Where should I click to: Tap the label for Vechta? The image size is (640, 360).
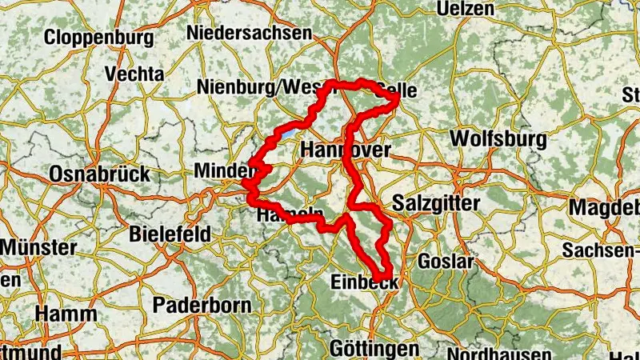point(134,74)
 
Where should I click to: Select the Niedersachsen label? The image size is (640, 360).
point(249,33)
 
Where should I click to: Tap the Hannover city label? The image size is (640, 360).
point(346,150)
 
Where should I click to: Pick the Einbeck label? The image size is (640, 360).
point(364,282)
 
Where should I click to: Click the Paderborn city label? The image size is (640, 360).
point(202,305)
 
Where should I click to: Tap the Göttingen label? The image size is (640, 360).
point(374,349)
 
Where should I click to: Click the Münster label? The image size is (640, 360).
point(38,247)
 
